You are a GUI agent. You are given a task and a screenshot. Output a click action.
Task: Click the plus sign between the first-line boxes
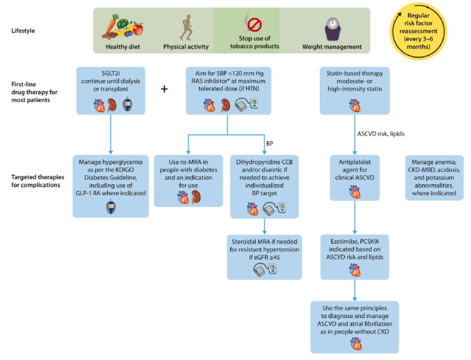pos(165,89)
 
